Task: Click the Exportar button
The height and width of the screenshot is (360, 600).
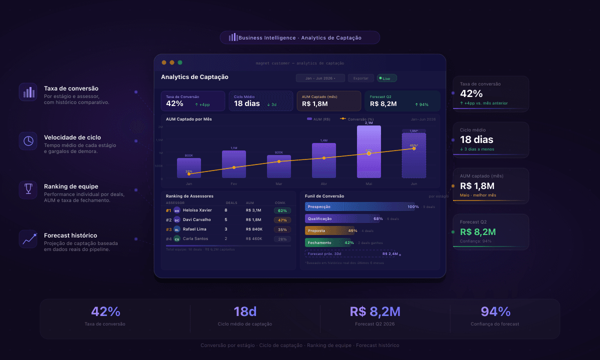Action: coord(361,78)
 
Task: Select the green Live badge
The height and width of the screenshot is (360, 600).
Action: coord(387,78)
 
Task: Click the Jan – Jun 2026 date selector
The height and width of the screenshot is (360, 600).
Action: coord(320,78)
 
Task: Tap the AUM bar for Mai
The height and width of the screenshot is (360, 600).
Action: coord(368,152)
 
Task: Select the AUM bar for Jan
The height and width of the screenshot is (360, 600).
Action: coord(189,168)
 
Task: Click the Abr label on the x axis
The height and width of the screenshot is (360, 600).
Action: coord(323,184)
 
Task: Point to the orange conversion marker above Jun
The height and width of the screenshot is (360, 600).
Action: coord(413,148)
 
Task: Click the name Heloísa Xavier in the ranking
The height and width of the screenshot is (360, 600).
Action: coord(198,210)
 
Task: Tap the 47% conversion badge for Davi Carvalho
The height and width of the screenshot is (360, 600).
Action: coord(282,220)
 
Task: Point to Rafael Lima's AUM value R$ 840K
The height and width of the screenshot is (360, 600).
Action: coord(254,229)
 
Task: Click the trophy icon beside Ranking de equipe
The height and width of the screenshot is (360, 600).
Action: coord(28,189)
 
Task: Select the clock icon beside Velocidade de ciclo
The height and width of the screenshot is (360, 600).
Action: coord(28,140)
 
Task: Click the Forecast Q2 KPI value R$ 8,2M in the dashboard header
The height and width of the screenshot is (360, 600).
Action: coord(383,104)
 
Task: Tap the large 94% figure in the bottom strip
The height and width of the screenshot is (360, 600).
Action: coord(495,311)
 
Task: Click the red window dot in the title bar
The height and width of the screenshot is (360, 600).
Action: coord(164,62)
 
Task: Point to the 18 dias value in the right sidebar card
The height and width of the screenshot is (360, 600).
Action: coord(476,139)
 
